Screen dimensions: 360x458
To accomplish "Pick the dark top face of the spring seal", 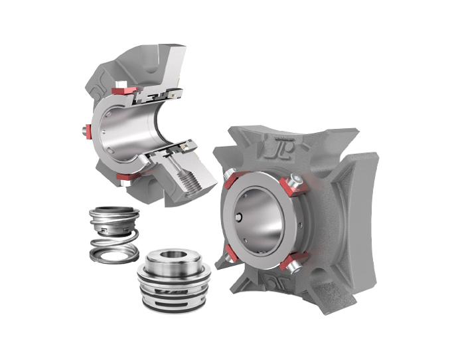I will pos(110,213).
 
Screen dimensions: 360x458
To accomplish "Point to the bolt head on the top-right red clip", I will pos(297,180).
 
